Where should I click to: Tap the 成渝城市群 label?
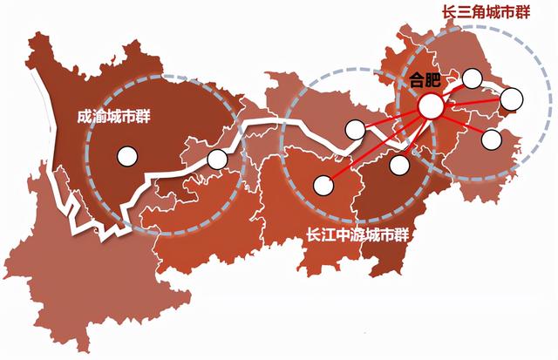[x=113, y=114]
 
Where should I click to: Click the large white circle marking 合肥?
[x=431, y=107]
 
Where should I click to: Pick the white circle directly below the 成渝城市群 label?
[x=127, y=157]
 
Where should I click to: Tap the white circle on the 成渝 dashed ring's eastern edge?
[x=217, y=160]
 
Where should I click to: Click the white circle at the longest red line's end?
[x=323, y=184]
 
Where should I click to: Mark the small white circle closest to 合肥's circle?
[x=473, y=78]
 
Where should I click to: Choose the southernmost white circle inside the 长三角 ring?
[x=491, y=138]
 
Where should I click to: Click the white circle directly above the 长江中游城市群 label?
[x=323, y=184]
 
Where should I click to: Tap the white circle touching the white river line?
[x=354, y=130]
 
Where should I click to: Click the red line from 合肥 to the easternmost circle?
[x=471, y=103]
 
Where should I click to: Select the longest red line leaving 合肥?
[x=375, y=146]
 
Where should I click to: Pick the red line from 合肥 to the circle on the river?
[x=392, y=119]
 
